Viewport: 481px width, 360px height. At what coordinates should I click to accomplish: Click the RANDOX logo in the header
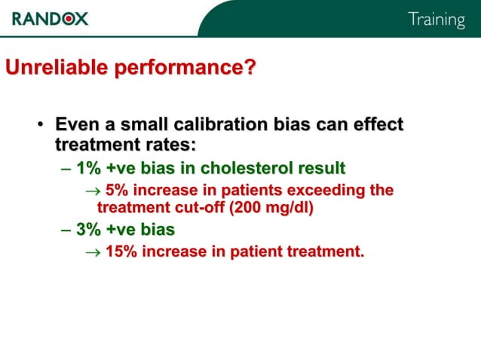50,18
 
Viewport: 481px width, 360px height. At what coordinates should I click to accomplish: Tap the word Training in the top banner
436,20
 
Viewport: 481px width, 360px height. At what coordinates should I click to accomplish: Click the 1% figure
89,167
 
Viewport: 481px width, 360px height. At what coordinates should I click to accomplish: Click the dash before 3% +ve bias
66,230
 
